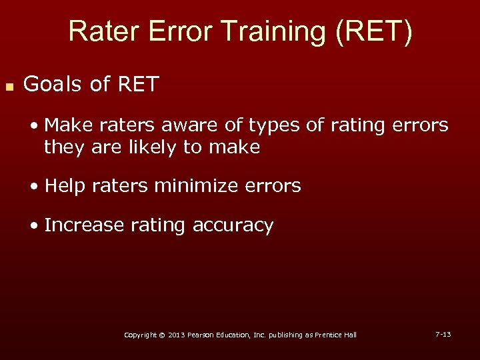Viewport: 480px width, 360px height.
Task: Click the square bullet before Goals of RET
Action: point(9,87)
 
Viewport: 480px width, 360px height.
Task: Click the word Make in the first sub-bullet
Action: point(65,125)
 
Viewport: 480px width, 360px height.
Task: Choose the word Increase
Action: point(84,225)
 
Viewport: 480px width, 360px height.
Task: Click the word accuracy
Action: point(233,227)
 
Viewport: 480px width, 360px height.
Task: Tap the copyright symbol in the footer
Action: point(163,335)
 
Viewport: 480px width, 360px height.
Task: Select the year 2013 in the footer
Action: point(175,335)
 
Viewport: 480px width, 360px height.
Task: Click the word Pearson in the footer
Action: point(201,335)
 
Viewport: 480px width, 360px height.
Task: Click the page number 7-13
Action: point(443,333)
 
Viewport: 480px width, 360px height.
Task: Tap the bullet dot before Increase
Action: point(35,226)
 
